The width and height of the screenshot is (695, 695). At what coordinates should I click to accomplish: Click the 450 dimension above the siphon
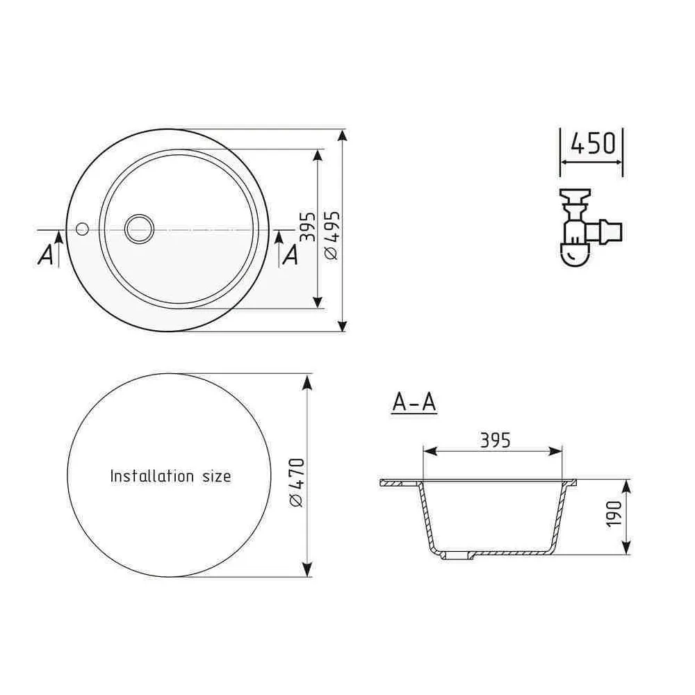pyautogui.click(x=593, y=143)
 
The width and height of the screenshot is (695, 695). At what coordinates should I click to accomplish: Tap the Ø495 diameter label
pyautogui.click(x=331, y=235)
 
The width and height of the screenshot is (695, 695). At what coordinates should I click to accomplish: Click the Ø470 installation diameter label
pyautogui.click(x=297, y=482)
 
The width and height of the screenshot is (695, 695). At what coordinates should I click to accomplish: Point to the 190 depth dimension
pyautogui.click(x=613, y=514)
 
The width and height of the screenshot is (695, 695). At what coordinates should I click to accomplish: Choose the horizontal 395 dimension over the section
pyautogui.click(x=495, y=440)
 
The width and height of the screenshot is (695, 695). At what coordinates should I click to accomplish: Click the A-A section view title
pyautogui.click(x=414, y=402)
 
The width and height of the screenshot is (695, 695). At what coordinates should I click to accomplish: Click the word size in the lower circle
pyautogui.click(x=215, y=476)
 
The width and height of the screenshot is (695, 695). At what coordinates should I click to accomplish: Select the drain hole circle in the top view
pyautogui.click(x=139, y=228)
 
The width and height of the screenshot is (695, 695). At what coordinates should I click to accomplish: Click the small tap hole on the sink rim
pyautogui.click(x=82, y=228)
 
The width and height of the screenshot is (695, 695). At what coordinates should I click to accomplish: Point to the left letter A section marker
pyautogui.click(x=45, y=256)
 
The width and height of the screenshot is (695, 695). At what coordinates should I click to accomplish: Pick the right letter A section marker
pyautogui.click(x=291, y=256)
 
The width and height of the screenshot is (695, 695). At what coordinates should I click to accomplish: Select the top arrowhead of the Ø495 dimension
pyautogui.click(x=342, y=136)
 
